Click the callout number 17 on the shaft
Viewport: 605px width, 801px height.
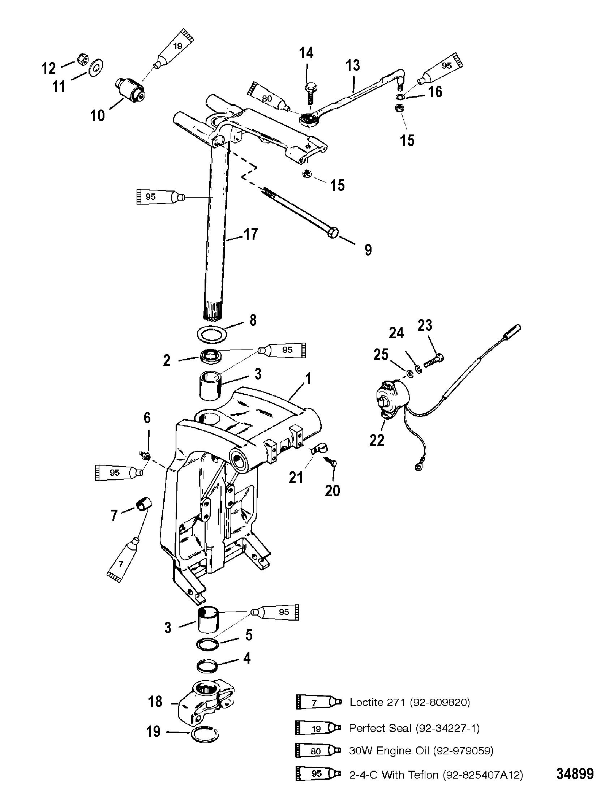click(x=251, y=234)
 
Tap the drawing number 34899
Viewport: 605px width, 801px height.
click(x=575, y=784)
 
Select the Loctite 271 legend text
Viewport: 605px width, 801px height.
click(x=409, y=703)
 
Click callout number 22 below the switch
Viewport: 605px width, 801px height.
click(x=377, y=440)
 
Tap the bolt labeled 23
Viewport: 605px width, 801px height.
click(x=434, y=360)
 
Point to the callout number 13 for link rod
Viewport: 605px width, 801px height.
click(x=353, y=65)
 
